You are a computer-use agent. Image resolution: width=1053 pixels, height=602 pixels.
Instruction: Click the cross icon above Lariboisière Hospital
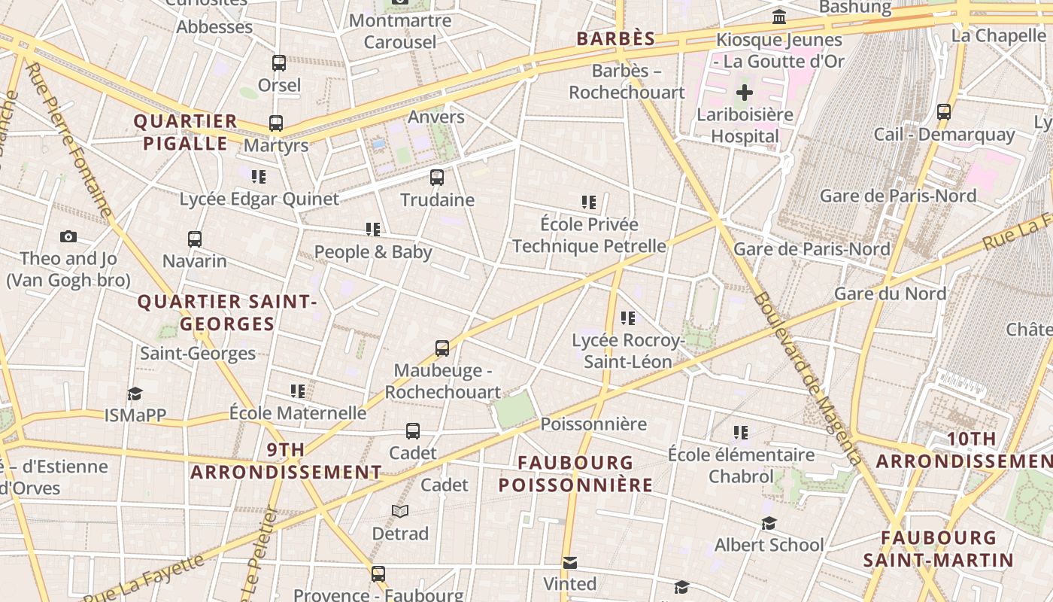pos(744,93)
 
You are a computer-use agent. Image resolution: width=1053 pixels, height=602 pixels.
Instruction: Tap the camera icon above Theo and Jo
pos(68,236)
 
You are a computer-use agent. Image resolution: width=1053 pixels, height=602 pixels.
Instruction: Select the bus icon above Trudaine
pos(437,178)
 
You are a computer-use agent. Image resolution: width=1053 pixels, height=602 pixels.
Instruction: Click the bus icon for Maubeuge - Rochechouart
pos(442,348)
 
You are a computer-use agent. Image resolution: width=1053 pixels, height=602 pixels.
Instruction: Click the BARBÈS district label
pos(616,39)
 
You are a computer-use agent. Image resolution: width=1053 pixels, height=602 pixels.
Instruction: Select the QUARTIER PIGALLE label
pos(185,132)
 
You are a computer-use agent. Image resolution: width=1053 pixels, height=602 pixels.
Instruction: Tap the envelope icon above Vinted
pos(570,562)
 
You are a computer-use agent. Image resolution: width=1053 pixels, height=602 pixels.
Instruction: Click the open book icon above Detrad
pos(400,512)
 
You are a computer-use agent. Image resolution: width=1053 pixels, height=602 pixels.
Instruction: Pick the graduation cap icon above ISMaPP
pos(135,394)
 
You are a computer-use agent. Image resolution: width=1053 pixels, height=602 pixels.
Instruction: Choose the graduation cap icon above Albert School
pos(769,523)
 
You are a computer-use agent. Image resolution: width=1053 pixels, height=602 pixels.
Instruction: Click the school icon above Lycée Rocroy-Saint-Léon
pos(628,318)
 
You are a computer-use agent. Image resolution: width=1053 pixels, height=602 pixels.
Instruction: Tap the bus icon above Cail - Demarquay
pos(944,112)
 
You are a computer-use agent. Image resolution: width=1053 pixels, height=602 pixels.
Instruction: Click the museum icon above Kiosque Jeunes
pos(779,17)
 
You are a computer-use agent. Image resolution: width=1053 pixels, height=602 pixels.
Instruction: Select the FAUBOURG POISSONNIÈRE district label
pos(575,473)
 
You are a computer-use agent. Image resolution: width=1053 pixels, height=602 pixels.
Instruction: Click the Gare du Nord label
pos(891,293)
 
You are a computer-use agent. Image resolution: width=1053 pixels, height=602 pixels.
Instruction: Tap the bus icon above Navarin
pos(195,239)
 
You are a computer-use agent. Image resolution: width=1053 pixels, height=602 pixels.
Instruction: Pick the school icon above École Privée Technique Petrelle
pos(589,202)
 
